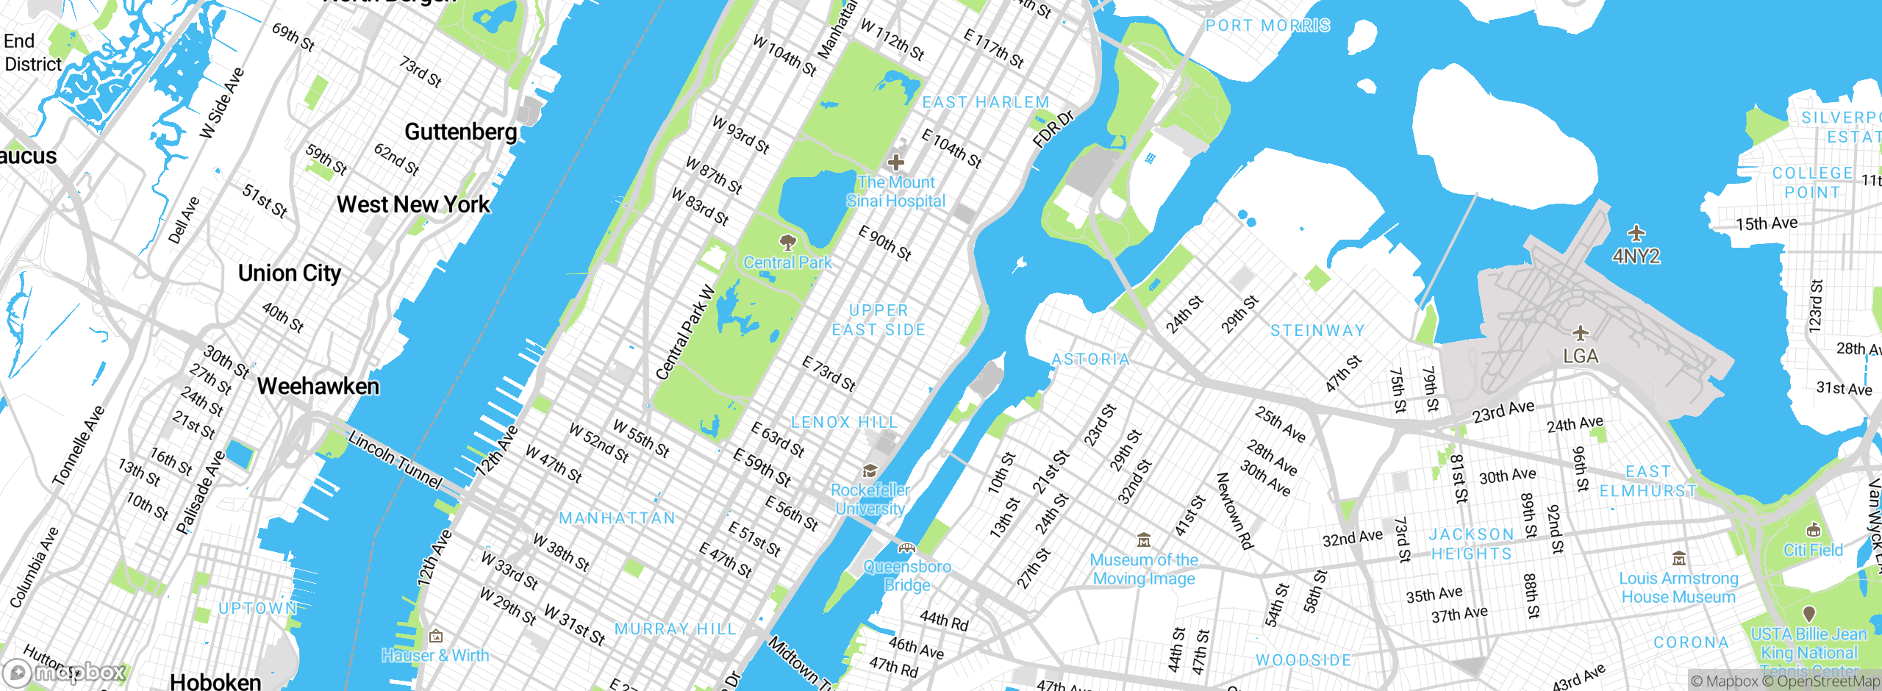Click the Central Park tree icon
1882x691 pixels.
(x=787, y=242)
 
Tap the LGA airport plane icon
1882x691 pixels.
(x=1580, y=333)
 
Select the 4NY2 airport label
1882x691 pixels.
(x=1636, y=256)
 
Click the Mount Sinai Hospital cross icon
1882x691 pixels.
(x=895, y=162)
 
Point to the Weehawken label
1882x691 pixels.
(x=318, y=386)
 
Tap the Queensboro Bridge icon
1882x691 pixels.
(x=907, y=548)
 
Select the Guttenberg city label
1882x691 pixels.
(x=461, y=132)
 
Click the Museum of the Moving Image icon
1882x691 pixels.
(x=1144, y=540)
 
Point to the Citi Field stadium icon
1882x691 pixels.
(x=1813, y=530)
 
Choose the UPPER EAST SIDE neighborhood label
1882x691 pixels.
(x=879, y=320)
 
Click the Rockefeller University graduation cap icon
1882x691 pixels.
(x=870, y=470)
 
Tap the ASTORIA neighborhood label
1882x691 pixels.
(x=1090, y=359)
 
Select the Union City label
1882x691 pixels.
(x=290, y=273)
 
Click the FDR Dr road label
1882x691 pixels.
(x=1053, y=129)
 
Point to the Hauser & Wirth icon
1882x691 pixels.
(x=435, y=636)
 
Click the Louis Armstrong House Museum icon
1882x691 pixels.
(x=1678, y=559)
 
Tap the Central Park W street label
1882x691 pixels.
(x=686, y=332)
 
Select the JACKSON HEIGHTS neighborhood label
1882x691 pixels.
(x=1471, y=544)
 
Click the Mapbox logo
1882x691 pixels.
(x=65, y=672)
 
